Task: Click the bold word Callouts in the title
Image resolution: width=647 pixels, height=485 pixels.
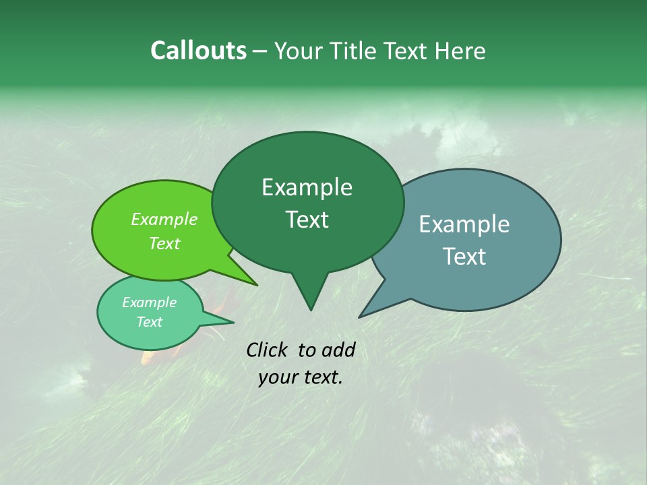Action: tap(198, 51)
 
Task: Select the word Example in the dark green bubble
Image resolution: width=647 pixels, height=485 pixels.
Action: tap(307, 187)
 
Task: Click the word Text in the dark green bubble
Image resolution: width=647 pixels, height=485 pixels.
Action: tap(307, 220)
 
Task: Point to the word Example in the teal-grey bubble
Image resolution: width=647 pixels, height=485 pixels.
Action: tap(464, 224)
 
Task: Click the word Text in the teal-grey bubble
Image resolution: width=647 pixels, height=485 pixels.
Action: tap(464, 257)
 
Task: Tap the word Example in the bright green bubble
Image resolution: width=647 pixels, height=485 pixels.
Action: tap(164, 219)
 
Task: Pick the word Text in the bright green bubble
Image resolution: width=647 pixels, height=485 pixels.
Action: tap(164, 243)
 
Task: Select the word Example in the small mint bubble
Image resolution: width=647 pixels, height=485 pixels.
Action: tap(149, 302)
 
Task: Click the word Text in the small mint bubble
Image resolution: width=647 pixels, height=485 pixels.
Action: tap(149, 322)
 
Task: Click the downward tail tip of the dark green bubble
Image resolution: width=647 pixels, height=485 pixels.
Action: tap(310, 308)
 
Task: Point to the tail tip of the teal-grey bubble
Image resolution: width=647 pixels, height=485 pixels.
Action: tap(361, 315)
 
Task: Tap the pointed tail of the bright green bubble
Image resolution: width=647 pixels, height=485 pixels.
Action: tap(255, 284)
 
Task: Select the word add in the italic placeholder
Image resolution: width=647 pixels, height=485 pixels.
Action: tap(338, 350)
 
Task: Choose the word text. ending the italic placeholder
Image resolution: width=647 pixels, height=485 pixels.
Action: tap(321, 377)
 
